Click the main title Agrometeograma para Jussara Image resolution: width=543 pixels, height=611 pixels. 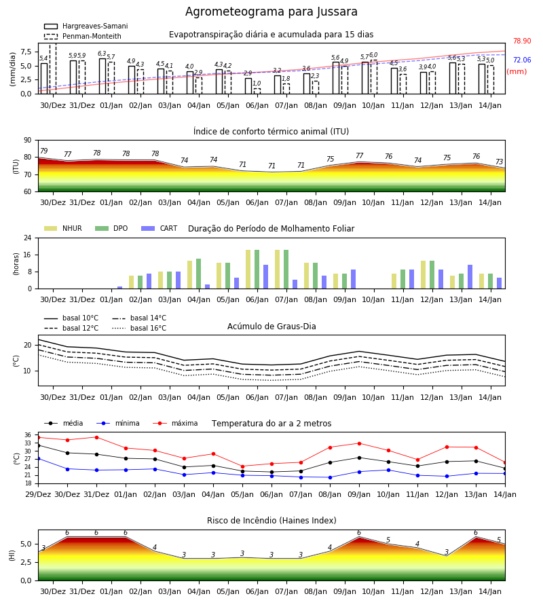[271, 12]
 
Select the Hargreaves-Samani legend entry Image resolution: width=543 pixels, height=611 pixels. [86, 26]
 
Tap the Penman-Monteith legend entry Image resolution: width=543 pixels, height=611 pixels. [83, 36]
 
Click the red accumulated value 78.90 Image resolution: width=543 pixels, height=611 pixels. [522, 41]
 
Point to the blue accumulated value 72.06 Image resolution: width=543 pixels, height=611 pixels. [522, 60]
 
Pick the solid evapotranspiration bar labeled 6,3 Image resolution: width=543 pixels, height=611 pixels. [102, 76]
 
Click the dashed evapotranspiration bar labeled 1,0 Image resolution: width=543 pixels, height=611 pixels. [257, 91]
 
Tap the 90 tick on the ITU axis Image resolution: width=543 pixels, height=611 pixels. [28, 141]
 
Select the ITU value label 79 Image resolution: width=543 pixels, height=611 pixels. [43, 151]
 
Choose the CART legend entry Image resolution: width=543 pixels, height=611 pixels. [159, 228]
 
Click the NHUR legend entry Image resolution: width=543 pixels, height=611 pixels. [63, 228]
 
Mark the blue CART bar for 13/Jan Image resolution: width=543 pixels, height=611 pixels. [470, 277]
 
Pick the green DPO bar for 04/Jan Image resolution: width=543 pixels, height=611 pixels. [199, 274]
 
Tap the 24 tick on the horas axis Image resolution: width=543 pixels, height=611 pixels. [28, 238]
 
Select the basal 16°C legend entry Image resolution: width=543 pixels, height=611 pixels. [139, 328]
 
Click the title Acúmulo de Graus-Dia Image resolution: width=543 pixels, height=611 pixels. [271, 327]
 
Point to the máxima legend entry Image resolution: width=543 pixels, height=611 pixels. [176, 423]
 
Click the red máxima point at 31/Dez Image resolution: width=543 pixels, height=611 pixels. [96, 437]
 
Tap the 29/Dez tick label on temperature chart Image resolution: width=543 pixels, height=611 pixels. [38, 494]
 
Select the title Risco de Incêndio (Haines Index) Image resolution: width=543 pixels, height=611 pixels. [271, 521]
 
